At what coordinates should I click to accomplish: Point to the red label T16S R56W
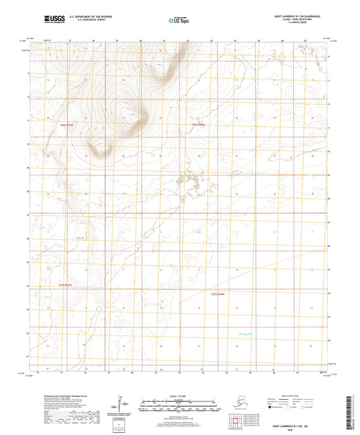(197, 125)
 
